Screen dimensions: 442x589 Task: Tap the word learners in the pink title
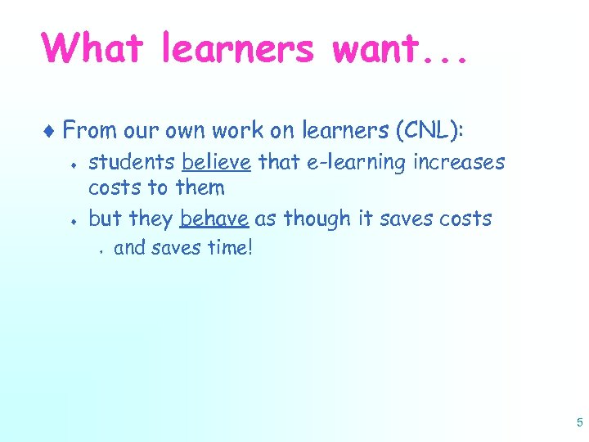[237, 48]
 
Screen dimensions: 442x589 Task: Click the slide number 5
[579, 422]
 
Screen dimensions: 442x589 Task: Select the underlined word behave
[214, 219]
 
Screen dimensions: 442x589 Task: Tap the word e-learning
[357, 162]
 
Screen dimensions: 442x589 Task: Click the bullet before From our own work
[52, 130]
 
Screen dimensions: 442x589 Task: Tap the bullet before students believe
[74, 164]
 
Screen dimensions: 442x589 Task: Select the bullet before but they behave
[74, 220]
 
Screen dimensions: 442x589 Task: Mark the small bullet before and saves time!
[98, 249]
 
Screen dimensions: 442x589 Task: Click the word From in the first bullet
[88, 130]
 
